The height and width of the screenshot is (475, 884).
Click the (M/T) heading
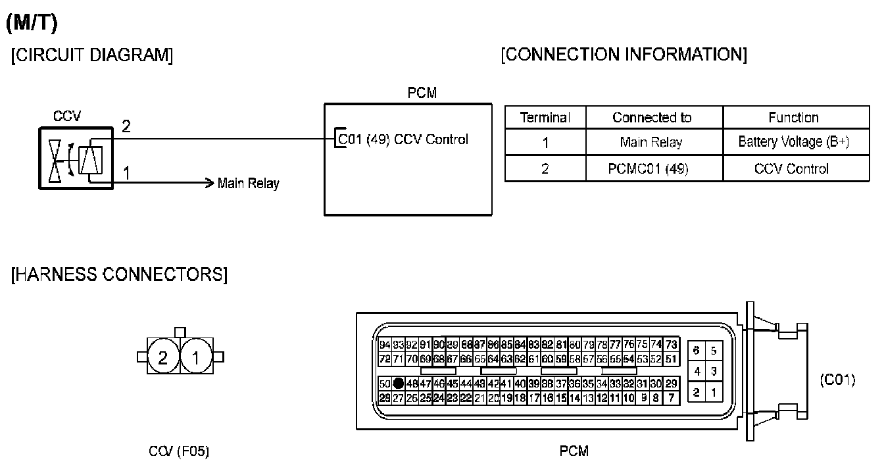32,24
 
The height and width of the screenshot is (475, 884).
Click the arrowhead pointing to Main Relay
210,182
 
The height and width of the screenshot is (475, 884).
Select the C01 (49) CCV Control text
403,139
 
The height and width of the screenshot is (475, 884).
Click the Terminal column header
545,118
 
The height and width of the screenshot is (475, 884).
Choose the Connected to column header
652,118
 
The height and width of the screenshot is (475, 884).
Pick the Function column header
793,118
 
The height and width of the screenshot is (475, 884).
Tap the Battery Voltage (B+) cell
793,142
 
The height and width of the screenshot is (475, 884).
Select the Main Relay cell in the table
652,142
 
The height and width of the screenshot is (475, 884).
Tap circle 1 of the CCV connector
195,357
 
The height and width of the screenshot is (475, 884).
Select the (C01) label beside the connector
837,380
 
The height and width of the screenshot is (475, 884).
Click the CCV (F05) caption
179,451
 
